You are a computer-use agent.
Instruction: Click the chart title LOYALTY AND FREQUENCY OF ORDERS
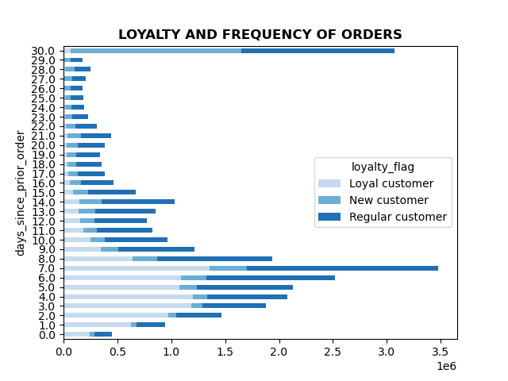[x=260, y=35]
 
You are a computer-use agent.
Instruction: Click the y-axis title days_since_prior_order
[x=21, y=193]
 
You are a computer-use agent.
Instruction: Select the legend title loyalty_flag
[x=383, y=167]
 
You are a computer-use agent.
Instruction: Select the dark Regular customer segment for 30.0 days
[x=317, y=51]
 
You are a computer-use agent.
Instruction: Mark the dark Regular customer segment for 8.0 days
[x=214, y=259]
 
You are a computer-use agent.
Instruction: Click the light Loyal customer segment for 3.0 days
[x=127, y=306]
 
